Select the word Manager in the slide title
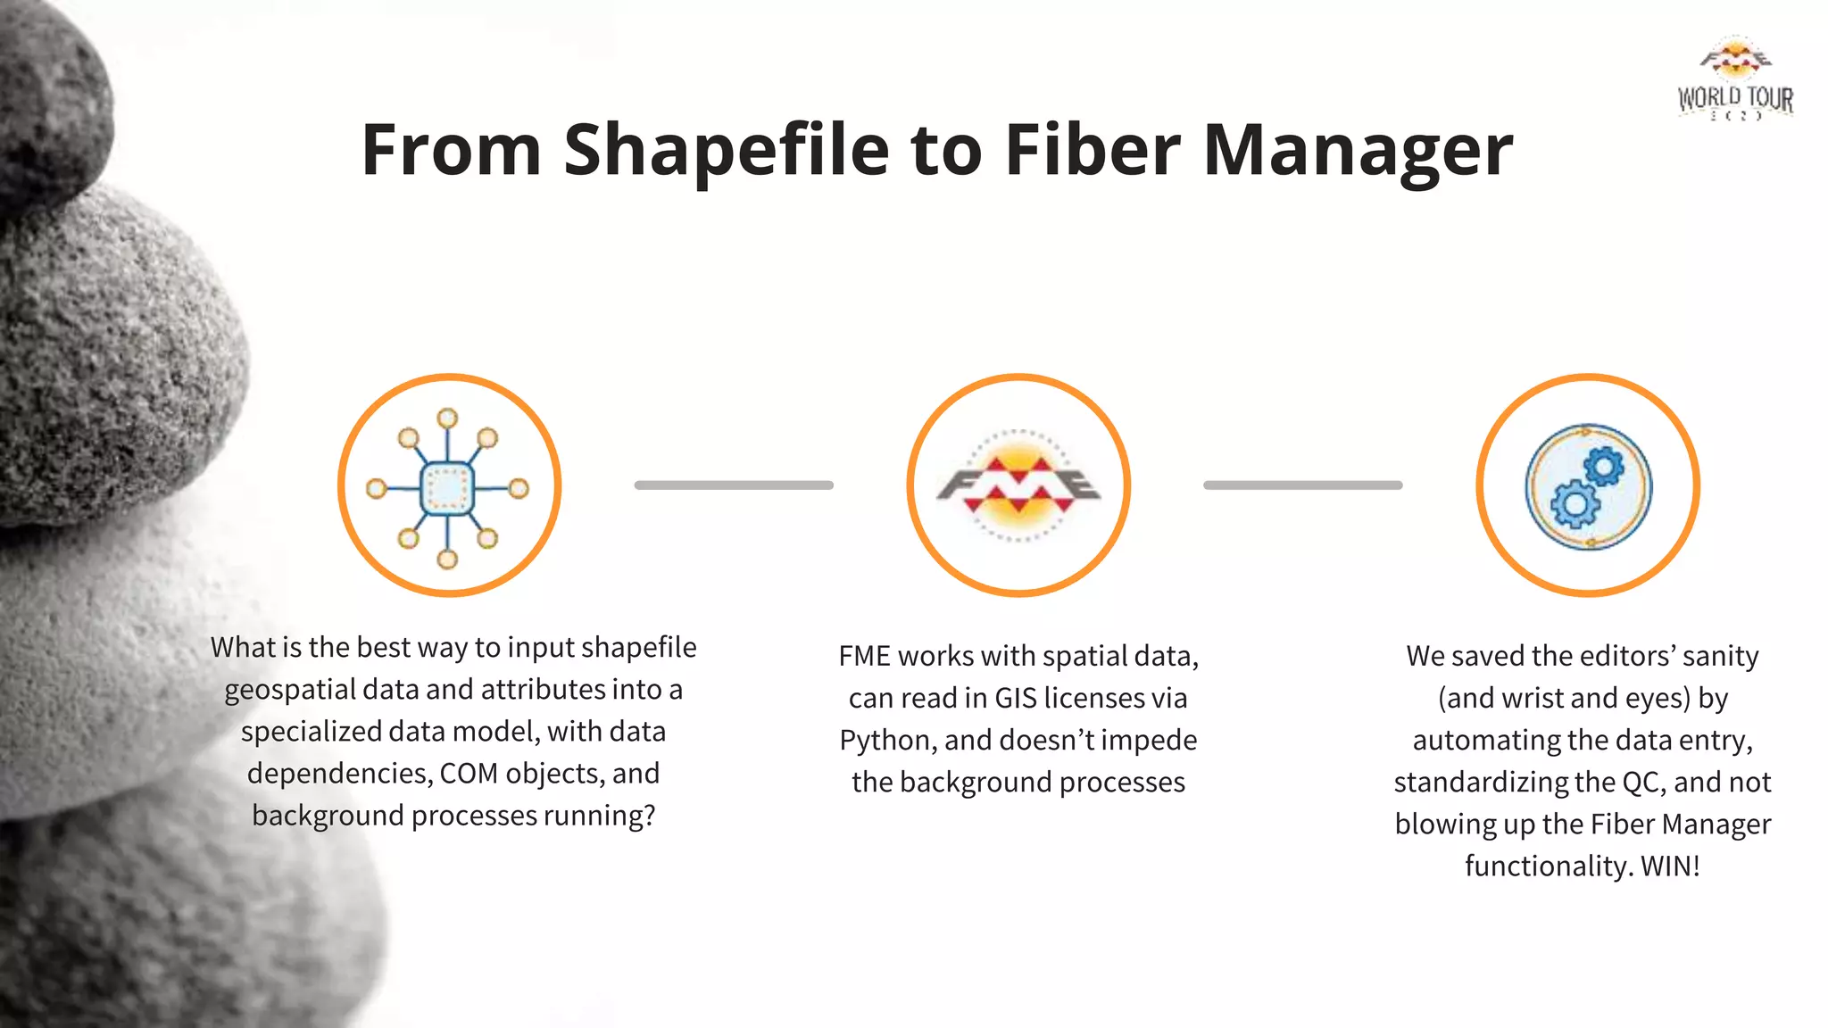1358,150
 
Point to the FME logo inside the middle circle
1018,485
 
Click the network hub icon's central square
447,487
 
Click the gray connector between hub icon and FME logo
734,485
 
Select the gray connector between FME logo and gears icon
1302,485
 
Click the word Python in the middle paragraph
887,741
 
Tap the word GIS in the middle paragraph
1015,698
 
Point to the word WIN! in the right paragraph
1670,866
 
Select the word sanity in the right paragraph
1720,656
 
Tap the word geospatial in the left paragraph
290,690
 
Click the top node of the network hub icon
448,418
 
